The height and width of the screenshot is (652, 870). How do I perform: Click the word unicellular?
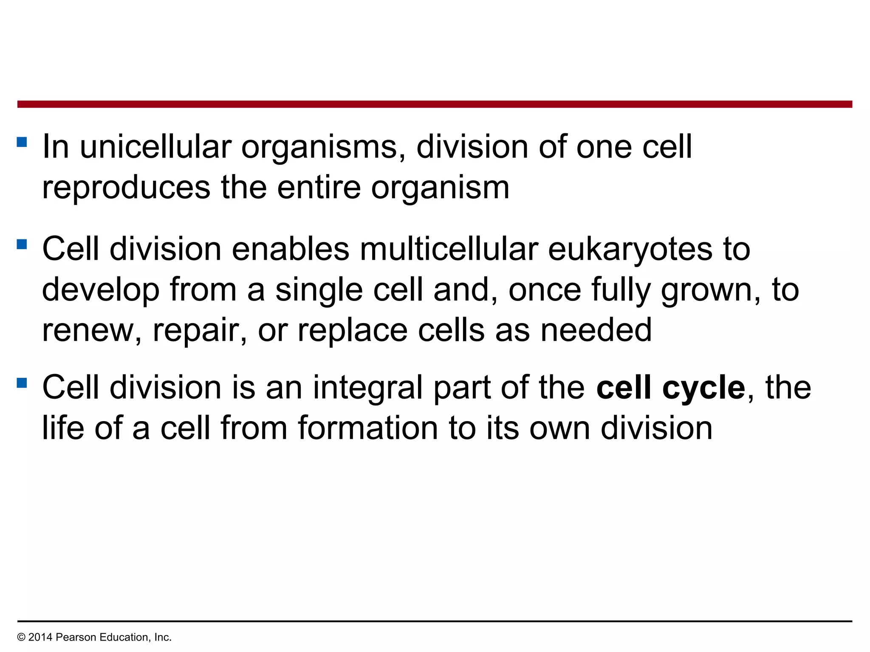point(155,147)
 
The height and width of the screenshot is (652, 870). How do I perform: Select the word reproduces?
point(126,188)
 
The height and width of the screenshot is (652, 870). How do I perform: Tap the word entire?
point(319,188)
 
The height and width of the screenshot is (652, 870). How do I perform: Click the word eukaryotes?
point(630,250)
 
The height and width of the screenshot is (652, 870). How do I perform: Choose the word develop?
point(101,290)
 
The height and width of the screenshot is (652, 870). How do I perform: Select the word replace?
point(352,330)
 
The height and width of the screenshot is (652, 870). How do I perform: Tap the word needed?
point(596,330)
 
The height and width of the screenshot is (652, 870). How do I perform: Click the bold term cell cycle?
point(671,388)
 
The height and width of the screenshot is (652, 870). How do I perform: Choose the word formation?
point(368,428)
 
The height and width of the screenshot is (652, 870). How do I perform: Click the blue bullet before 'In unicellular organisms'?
point(22,142)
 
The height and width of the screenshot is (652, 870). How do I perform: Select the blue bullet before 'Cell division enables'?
point(22,244)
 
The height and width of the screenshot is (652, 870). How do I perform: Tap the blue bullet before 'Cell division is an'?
point(22,383)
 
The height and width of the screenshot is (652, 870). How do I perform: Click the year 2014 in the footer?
point(40,637)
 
